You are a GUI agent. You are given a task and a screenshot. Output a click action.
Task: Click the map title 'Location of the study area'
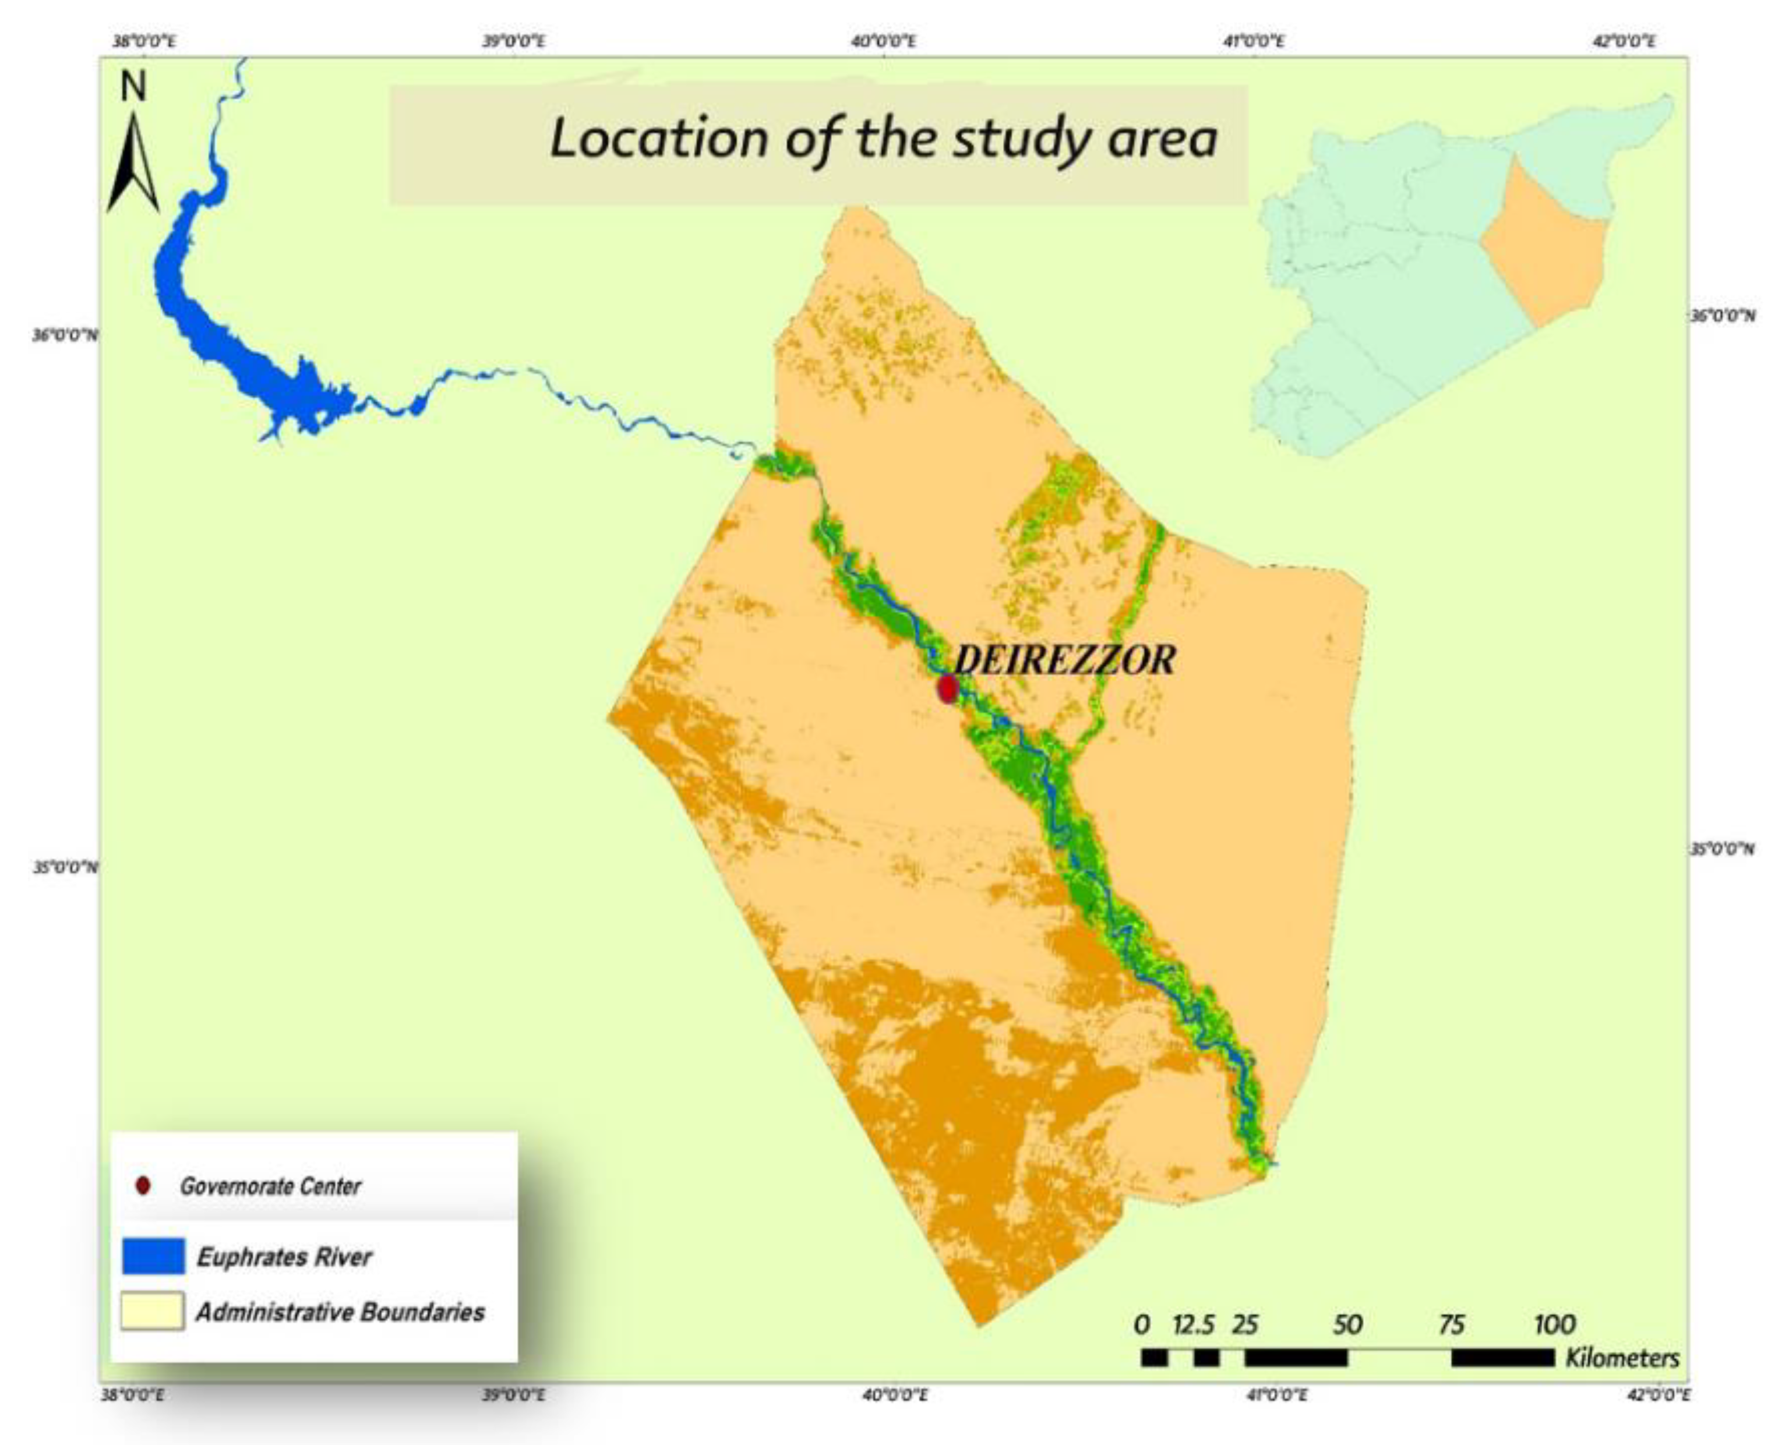pos(883,138)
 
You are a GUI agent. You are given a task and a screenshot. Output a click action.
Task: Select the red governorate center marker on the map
pos(947,688)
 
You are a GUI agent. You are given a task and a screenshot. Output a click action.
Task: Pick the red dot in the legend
pos(143,1185)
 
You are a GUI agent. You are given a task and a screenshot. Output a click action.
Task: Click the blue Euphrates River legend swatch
pos(153,1256)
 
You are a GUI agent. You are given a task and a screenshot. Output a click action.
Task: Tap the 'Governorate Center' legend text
pos(270,1186)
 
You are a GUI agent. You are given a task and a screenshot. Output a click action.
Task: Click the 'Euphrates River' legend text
pos(284,1257)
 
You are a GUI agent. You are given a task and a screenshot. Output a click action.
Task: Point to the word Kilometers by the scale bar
pos(1621,1358)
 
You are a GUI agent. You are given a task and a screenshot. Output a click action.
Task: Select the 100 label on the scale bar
pos(1554,1324)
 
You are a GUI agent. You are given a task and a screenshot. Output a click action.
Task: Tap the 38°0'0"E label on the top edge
pos(144,41)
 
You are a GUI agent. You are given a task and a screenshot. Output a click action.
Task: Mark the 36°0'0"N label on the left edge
pos(65,335)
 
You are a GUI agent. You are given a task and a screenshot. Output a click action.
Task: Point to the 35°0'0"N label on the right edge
pos(1722,849)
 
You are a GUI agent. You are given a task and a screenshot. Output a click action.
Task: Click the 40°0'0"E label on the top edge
pos(884,41)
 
